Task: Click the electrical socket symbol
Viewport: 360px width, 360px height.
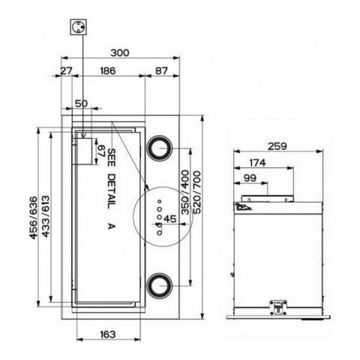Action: [78, 27]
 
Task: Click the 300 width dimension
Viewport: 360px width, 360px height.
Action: [120, 53]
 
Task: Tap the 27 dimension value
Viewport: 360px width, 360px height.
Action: [67, 71]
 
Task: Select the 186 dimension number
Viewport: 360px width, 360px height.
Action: [108, 71]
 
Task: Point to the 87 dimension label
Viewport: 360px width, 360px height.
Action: [161, 71]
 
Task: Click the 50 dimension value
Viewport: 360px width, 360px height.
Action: [81, 103]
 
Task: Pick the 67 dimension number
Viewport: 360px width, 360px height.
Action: [100, 151]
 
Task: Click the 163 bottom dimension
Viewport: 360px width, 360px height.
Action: [108, 334]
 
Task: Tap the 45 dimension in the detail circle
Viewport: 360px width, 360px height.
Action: [170, 219]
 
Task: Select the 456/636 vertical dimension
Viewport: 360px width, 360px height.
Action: [33, 217]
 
